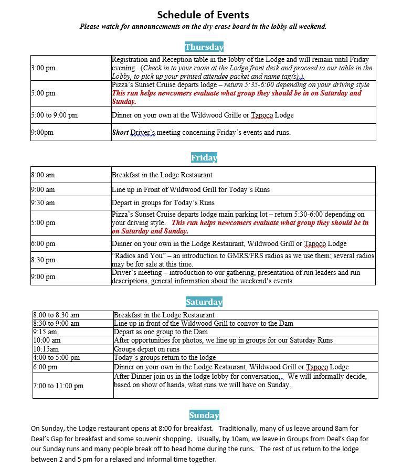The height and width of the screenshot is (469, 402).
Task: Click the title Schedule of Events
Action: pos(203,15)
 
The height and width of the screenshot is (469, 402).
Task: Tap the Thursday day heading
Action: pos(204,47)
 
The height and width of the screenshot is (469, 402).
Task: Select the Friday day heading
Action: pos(204,158)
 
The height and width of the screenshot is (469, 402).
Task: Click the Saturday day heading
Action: pos(204,302)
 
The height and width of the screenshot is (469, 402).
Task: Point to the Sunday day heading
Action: pos(204,415)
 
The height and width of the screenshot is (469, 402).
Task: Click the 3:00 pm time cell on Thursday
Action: pos(43,68)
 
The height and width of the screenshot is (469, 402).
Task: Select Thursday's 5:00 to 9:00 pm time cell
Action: pos(55,115)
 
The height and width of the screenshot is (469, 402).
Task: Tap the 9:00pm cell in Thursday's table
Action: pos(43,133)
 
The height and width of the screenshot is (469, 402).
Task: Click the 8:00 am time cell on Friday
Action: pos(43,175)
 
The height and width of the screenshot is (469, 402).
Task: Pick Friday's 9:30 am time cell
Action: pos(43,203)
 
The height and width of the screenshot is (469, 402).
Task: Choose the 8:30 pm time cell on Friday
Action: pos(43,260)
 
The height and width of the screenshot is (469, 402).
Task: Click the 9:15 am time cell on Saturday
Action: pos(45,332)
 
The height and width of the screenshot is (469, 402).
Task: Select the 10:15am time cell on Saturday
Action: pos(46,349)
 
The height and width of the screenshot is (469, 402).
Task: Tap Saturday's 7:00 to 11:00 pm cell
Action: pos(58,386)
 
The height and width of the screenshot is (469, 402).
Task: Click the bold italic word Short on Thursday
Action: pos(120,133)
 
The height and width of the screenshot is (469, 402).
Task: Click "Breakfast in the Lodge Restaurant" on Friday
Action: pos(162,175)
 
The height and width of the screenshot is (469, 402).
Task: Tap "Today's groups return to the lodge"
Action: pos(165,358)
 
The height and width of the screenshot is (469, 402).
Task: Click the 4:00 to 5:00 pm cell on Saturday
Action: pos(57,358)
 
